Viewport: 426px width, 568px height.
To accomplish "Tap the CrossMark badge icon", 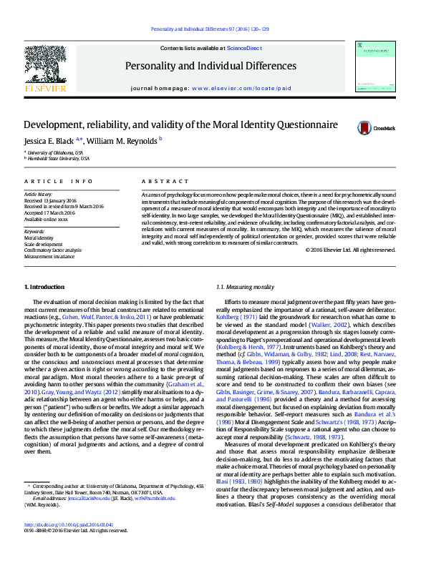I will coord(365,128).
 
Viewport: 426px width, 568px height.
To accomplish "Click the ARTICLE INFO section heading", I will coord(54,182).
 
